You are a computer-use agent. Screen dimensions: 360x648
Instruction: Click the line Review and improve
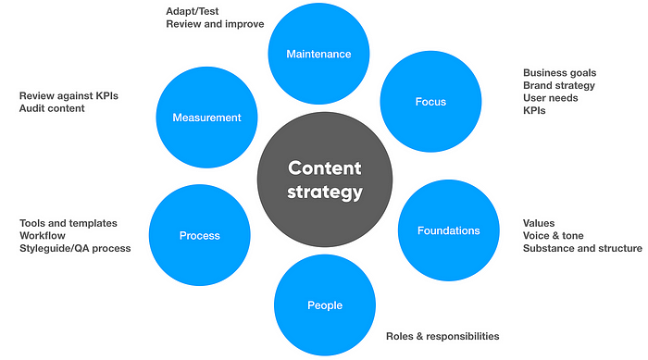click(x=215, y=24)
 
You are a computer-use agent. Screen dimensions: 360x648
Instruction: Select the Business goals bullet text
click(x=559, y=72)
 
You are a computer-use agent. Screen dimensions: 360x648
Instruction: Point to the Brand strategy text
click(x=558, y=85)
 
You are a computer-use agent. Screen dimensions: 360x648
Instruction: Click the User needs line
click(x=551, y=97)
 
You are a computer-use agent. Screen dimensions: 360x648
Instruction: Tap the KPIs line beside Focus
click(x=535, y=110)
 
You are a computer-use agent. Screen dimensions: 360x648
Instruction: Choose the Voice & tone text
click(x=554, y=235)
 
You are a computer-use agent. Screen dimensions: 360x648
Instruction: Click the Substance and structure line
click(x=582, y=248)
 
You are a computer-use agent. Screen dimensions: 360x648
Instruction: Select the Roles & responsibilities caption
click(x=442, y=336)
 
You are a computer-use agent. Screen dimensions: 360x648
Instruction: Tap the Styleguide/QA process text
click(x=75, y=248)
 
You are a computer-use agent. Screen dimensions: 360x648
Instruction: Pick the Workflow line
click(x=44, y=235)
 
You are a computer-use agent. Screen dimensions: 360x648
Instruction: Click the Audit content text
click(x=52, y=108)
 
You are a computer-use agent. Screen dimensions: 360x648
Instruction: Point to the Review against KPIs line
click(x=69, y=95)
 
